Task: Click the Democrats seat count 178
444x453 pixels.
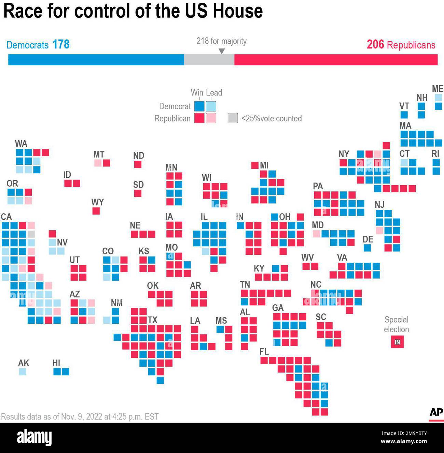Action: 61,44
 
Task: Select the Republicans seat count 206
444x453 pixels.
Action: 375,44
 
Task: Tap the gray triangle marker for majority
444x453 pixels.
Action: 222,51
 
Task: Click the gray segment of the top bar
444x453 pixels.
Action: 209,60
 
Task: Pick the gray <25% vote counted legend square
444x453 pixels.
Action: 233,118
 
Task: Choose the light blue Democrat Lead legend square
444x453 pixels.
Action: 211,106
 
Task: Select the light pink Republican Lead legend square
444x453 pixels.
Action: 211,118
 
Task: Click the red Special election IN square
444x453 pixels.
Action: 397,342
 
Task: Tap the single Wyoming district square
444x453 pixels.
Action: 96,211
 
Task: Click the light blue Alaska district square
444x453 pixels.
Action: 23,371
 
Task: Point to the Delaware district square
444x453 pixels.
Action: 367,248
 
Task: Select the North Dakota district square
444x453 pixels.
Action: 138,164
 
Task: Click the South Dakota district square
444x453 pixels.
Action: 138,193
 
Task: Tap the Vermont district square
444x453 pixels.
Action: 404,115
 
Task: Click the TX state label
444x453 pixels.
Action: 152,320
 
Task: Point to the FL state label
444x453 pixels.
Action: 264,351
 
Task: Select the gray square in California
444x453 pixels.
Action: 31,234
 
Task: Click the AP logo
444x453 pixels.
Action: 436,412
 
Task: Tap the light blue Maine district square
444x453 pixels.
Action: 438,98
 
